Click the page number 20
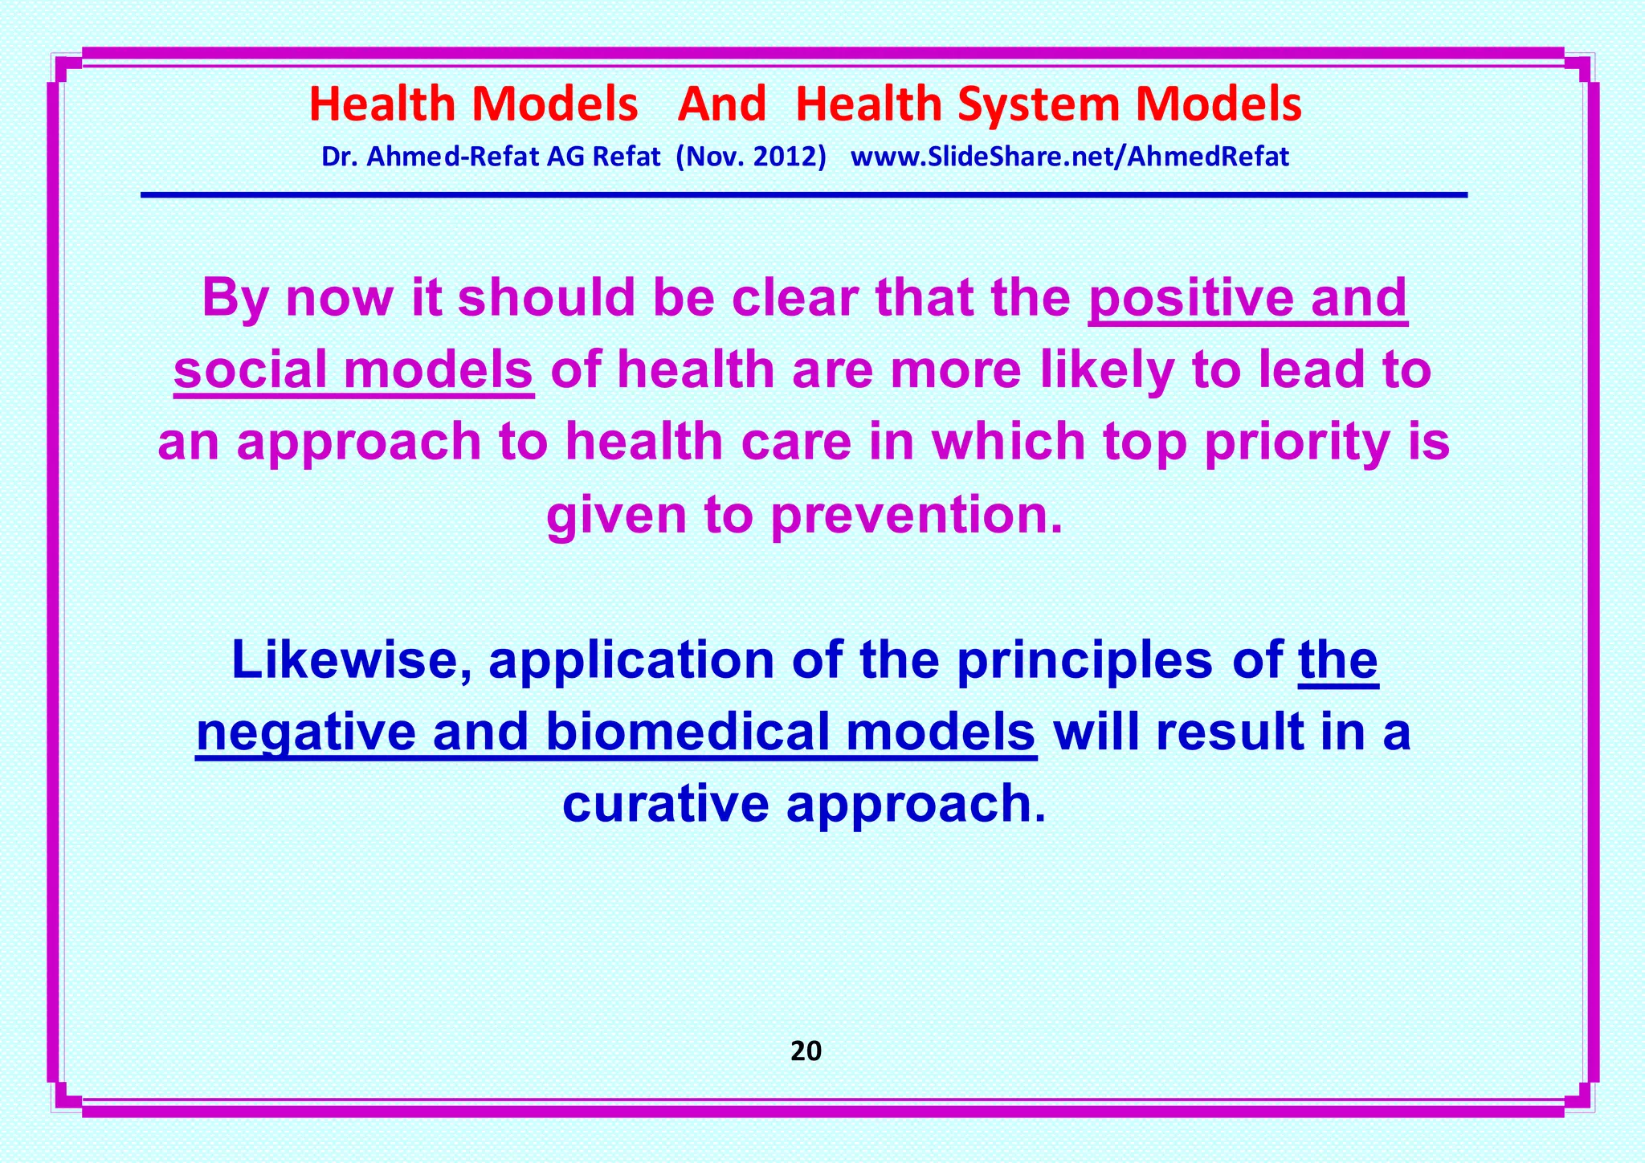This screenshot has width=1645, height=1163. (806, 1051)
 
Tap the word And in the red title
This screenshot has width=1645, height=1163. (722, 105)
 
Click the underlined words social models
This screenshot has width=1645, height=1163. (353, 370)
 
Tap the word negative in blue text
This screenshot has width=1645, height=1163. (306, 732)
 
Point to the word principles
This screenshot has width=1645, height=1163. (1084, 660)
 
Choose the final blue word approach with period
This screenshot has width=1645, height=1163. (916, 805)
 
